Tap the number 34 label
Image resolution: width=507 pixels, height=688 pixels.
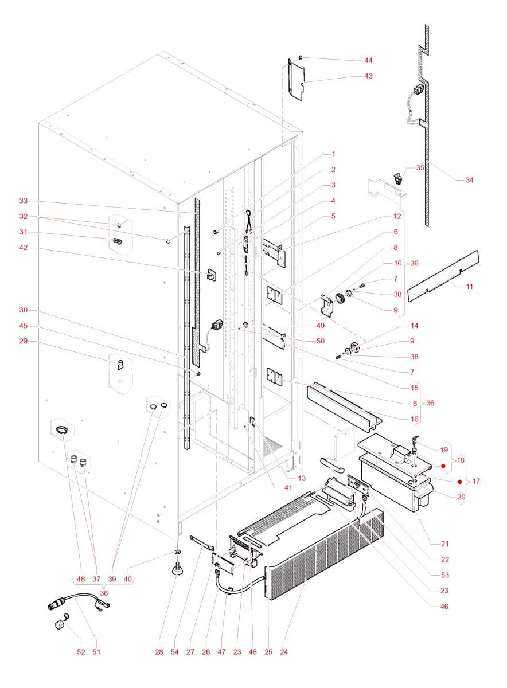[x=469, y=180]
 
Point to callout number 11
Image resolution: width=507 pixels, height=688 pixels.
[x=469, y=285]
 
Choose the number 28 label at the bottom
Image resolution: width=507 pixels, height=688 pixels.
[x=158, y=652]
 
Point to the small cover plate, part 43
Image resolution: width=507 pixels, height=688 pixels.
[x=294, y=80]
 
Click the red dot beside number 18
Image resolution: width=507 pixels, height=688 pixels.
[x=443, y=465]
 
